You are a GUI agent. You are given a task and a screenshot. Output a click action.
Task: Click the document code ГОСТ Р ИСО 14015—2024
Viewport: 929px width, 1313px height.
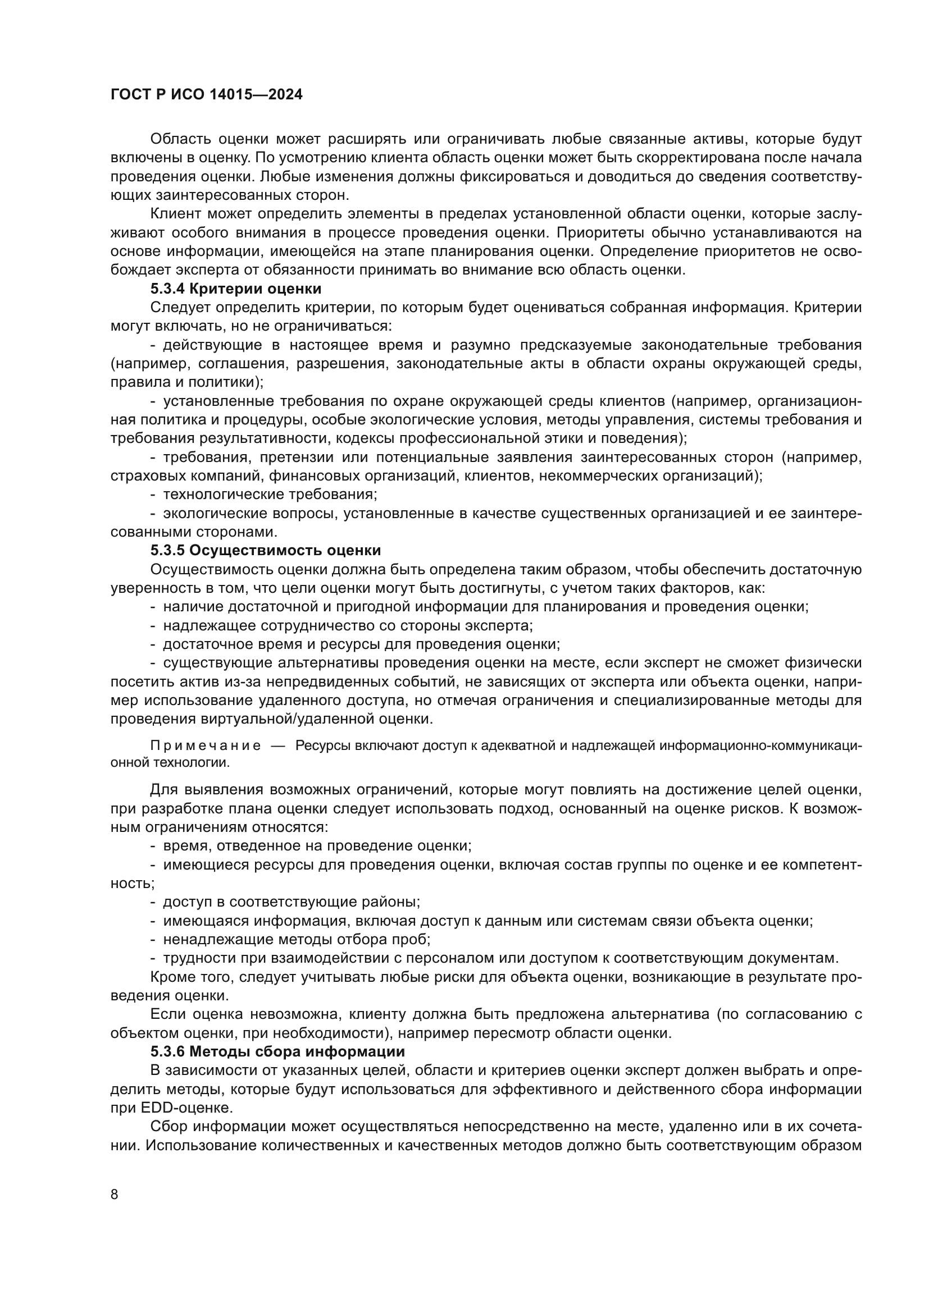[207, 95]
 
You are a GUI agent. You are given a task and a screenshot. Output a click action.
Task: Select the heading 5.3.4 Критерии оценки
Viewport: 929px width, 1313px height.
[236, 288]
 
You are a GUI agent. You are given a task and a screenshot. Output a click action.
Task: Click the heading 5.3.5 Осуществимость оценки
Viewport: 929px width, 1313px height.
[266, 550]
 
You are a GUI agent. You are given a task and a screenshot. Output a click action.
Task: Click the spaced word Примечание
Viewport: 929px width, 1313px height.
[206, 745]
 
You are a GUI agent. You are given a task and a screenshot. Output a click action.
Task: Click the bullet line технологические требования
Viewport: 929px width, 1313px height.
[270, 494]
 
